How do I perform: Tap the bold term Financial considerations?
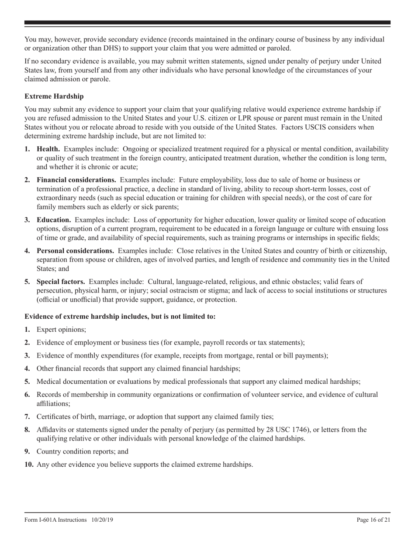pyautogui.click(x=76, y=179)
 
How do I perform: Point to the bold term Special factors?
pyautogui.click(x=60, y=282)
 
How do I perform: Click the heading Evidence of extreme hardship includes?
pyautogui.click(x=120, y=317)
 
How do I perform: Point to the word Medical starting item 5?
pyautogui.click(x=49, y=382)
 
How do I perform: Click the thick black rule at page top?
pyautogui.click(x=207, y=23)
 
